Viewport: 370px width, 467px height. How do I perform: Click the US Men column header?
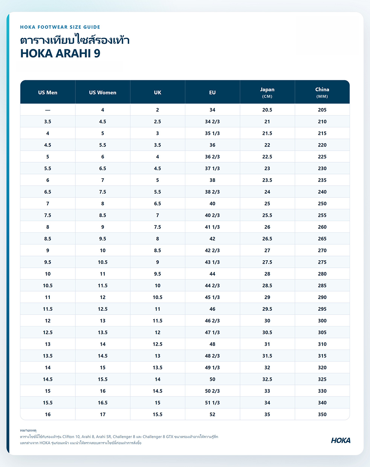tap(48, 93)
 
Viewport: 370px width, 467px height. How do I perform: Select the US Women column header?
tap(102, 93)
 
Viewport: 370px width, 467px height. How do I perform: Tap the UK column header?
tap(157, 93)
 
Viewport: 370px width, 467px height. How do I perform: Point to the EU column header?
tap(213, 93)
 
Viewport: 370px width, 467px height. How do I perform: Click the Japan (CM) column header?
tap(267, 92)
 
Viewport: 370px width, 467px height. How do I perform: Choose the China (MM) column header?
tap(322, 92)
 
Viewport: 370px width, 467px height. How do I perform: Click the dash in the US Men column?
tap(48, 110)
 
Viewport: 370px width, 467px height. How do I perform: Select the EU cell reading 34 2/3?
tap(213, 122)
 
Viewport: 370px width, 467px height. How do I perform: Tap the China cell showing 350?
tap(322, 415)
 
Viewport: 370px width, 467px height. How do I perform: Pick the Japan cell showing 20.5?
tap(267, 110)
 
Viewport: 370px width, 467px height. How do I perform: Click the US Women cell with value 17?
tap(102, 415)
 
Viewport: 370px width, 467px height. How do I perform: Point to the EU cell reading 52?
tap(213, 415)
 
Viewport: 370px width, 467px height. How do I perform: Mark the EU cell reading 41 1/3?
tap(213, 227)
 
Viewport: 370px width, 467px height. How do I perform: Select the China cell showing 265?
tap(322, 239)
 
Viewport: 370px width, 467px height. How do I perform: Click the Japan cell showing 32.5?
tap(267, 379)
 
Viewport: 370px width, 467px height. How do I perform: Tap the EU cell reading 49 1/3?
tap(213, 368)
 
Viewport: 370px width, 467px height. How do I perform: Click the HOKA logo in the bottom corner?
tap(341, 440)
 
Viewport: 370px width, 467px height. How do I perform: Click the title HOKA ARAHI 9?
tap(60, 53)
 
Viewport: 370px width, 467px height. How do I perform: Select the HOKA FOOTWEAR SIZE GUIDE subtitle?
tap(60, 27)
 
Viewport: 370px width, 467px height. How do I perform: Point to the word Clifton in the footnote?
tap(68, 436)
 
